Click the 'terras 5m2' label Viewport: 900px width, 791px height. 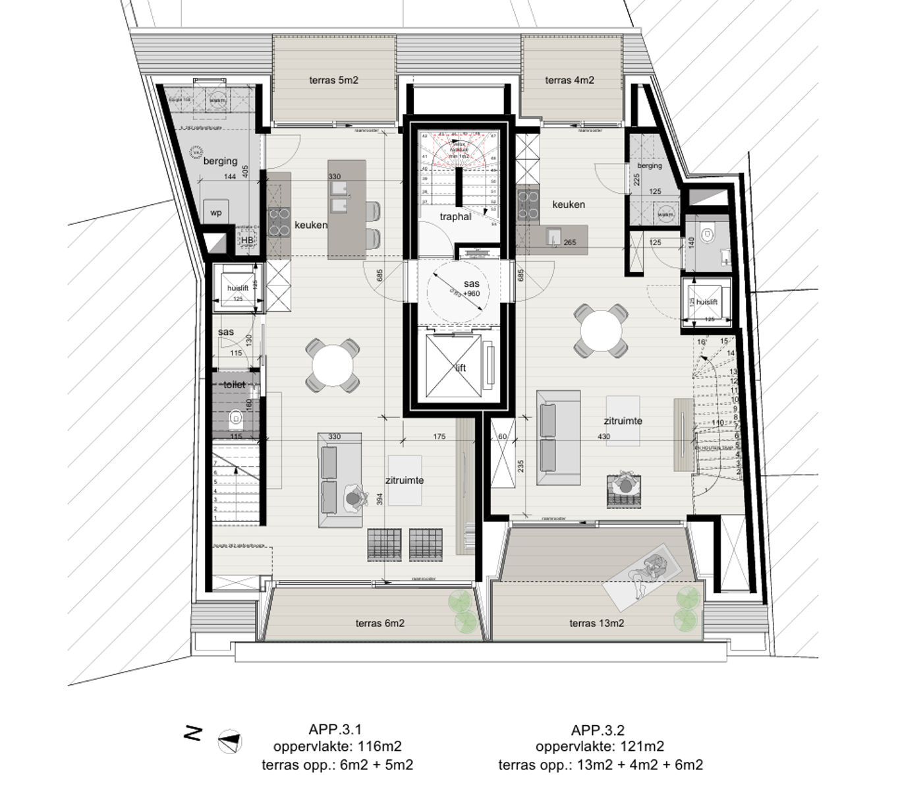[333, 80]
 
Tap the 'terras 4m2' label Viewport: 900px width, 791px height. [569, 80]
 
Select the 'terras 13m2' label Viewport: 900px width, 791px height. [596, 623]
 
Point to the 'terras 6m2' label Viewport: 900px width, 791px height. [380, 623]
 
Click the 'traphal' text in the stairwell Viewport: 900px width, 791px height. [455, 216]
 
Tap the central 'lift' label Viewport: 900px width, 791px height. [461, 368]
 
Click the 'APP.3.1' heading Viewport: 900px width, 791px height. [335, 730]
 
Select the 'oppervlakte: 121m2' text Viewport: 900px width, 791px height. [600, 746]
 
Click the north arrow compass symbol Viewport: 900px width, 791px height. [230, 742]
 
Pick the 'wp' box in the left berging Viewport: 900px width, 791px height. [216, 212]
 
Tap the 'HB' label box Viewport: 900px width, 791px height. [246, 241]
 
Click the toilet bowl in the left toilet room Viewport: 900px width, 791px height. [235, 418]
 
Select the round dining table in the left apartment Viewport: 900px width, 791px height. [333, 365]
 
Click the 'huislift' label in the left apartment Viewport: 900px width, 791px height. [237, 289]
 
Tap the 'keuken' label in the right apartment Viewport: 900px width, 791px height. [568, 204]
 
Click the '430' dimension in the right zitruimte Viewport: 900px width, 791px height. [604, 436]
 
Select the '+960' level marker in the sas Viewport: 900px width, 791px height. [472, 293]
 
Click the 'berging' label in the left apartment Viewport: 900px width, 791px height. [220, 161]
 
